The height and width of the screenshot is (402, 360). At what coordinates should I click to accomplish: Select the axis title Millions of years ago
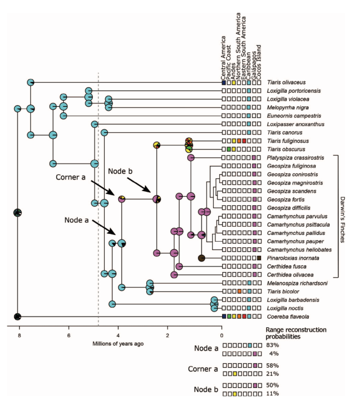point(121,344)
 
